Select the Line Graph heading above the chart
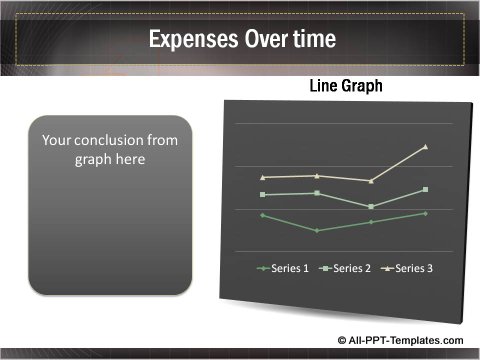(345, 87)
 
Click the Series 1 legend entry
(284, 267)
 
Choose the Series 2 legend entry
(346, 267)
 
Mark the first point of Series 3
(263, 177)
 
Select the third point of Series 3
(371, 181)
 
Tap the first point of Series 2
(263, 194)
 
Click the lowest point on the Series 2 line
(371, 206)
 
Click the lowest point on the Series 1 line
(317, 230)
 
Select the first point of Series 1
(263, 215)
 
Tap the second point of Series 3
(317, 175)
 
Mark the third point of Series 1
(371, 222)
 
